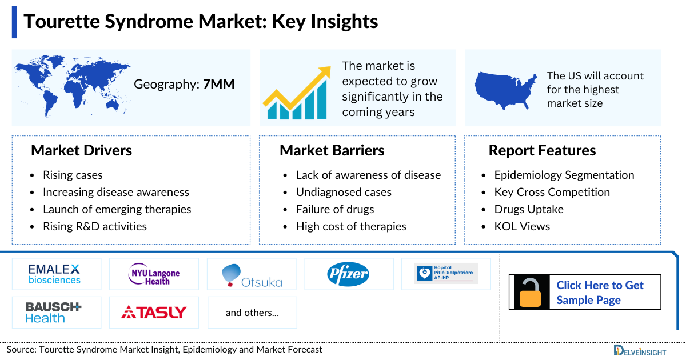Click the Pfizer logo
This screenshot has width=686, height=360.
tap(348, 274)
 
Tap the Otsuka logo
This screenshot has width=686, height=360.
tap(252, 275)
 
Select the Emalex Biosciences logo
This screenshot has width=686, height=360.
tap(55, 274)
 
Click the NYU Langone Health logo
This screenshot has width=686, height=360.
tap(154, 274)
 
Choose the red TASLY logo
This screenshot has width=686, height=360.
tap(154, 312)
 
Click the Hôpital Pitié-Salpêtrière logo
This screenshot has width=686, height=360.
tap(446, 274)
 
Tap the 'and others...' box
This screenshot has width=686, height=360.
tap(252, 313)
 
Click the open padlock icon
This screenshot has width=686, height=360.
tap(532, 293)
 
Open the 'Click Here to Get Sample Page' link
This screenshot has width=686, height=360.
tap(600, 293)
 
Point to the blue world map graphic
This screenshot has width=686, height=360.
tap(71, 86)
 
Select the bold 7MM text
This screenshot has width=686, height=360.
tap(219, 85)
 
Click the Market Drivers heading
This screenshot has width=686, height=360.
tap(81, 150)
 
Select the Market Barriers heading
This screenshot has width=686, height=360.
tap(332, 150)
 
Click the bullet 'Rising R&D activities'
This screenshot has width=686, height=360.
tap(94, 226)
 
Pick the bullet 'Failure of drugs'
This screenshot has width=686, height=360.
tap(334, 209)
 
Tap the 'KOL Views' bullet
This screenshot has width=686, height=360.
tap(522, 226)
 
